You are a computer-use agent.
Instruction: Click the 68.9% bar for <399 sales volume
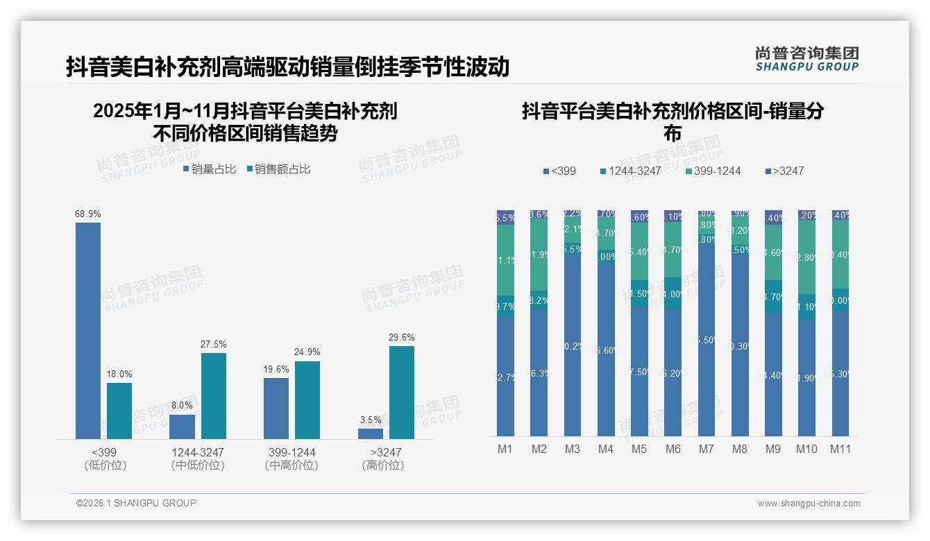click(x=88, y=330)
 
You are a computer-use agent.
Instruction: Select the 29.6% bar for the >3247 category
click(x=401, y=392)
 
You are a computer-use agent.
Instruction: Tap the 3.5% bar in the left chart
click(x=371, y=433)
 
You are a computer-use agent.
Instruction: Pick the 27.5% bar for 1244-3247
click(x=214, y=395)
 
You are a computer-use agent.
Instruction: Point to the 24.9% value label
click(x=307, y=352)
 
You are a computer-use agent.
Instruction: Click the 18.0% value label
click(x=119, y=375)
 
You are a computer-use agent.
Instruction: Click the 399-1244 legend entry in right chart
click(x=713, y=171)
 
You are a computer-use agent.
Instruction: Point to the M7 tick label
click(x=706, y=449)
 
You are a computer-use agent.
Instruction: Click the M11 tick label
click(x=840, y=449)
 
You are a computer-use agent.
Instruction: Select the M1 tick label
click(x=505, y=449)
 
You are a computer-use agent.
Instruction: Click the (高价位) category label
click(x=382, y=465)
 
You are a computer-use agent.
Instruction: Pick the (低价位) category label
click(x=105, y=465)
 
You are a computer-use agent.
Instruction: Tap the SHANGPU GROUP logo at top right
click(x=806, y=59)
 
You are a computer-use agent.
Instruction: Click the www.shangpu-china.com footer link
click(x=809, y=504)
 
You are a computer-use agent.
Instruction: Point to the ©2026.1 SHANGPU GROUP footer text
click(x=136, y=503)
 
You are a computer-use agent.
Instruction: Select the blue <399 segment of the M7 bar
click(x=707, y=340)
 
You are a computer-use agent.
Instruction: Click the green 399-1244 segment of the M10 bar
click(x=806, y=257)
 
